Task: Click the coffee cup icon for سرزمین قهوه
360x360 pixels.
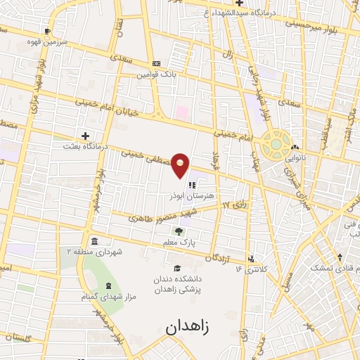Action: point(47,31)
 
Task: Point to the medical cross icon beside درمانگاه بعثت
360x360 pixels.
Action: point(86,136)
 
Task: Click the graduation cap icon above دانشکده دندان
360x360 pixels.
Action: point(177,268)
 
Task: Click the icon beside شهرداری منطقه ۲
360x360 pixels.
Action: point(94,242)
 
